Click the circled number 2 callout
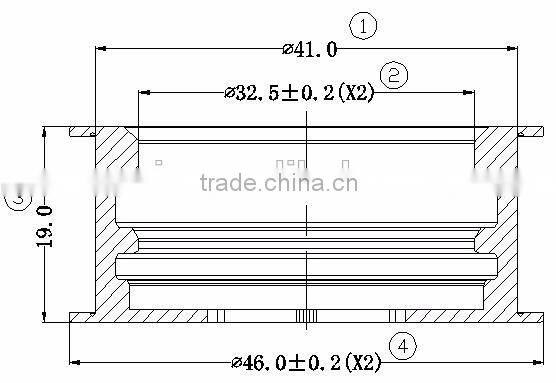[x=394, y=75]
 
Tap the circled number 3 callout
[x=17, y=199]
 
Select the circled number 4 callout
[x=402, y=346]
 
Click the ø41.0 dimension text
[x=310, y=48]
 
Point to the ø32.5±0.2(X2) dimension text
[x=300, y=93]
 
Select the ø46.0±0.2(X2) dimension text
[x=306, y=361]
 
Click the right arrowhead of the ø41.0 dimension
[x=514, y=47]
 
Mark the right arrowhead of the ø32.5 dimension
[x=470, y=92]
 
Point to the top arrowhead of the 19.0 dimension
[x=47, y=132]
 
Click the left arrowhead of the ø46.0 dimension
[x=73, y=361]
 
